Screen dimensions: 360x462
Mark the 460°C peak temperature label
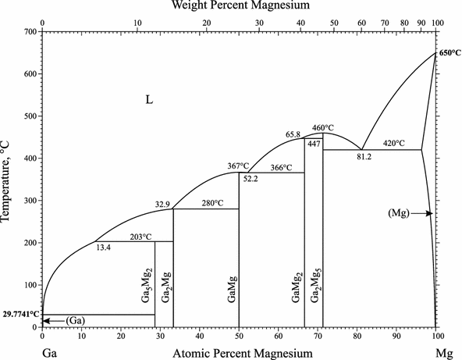[323, 127]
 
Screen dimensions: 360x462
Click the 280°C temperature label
[213, 203]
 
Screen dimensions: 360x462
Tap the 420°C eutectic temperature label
[394, 144]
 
